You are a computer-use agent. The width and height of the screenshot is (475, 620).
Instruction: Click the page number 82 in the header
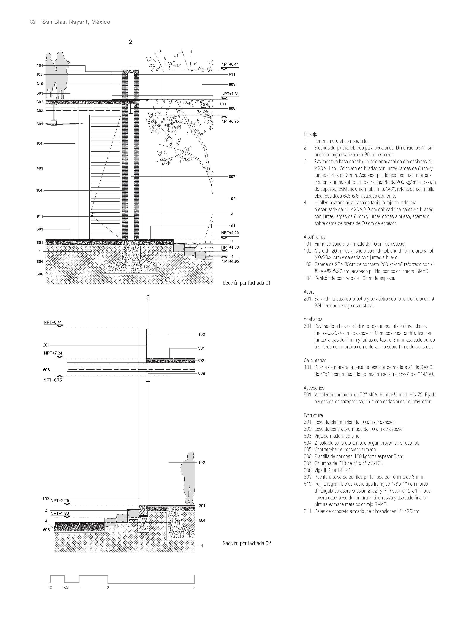click(x=33, y=22)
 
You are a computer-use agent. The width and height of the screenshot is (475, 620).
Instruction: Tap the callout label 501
click(x=40, y=124)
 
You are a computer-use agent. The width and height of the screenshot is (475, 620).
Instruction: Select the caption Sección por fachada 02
click(x=247, y=543)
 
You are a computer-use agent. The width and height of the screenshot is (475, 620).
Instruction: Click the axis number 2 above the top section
click(x=130, y=42)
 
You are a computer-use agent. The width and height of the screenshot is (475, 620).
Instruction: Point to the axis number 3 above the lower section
click(x=148, y=297)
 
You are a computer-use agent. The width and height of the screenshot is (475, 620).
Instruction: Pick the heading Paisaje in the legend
click(x=310, y=134)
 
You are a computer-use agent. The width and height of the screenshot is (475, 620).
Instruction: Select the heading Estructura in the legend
click(x=313, y=415)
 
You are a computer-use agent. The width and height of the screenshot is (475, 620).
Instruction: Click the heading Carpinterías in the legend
click(x=315, y=360)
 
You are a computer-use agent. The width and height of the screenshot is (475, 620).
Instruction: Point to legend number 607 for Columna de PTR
click(x=308, y=463)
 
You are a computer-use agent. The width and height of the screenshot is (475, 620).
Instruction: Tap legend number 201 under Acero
click(x=308, y=299)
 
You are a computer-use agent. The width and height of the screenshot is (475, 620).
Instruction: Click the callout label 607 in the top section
click(x=232, y=177)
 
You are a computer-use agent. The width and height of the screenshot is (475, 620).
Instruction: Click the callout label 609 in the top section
click(x=232, y=84)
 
